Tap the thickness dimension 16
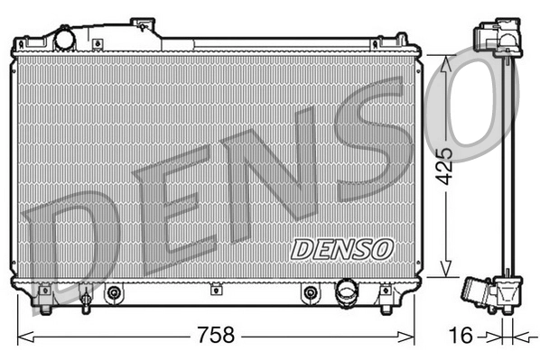click(461, 336)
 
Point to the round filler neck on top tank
click(65, 40)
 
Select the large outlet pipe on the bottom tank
click(346, 291)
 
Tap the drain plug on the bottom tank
click(85, 297)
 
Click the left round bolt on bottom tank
click(114, 292)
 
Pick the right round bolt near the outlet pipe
click(311, 292)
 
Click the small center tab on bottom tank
click(216, 290)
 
